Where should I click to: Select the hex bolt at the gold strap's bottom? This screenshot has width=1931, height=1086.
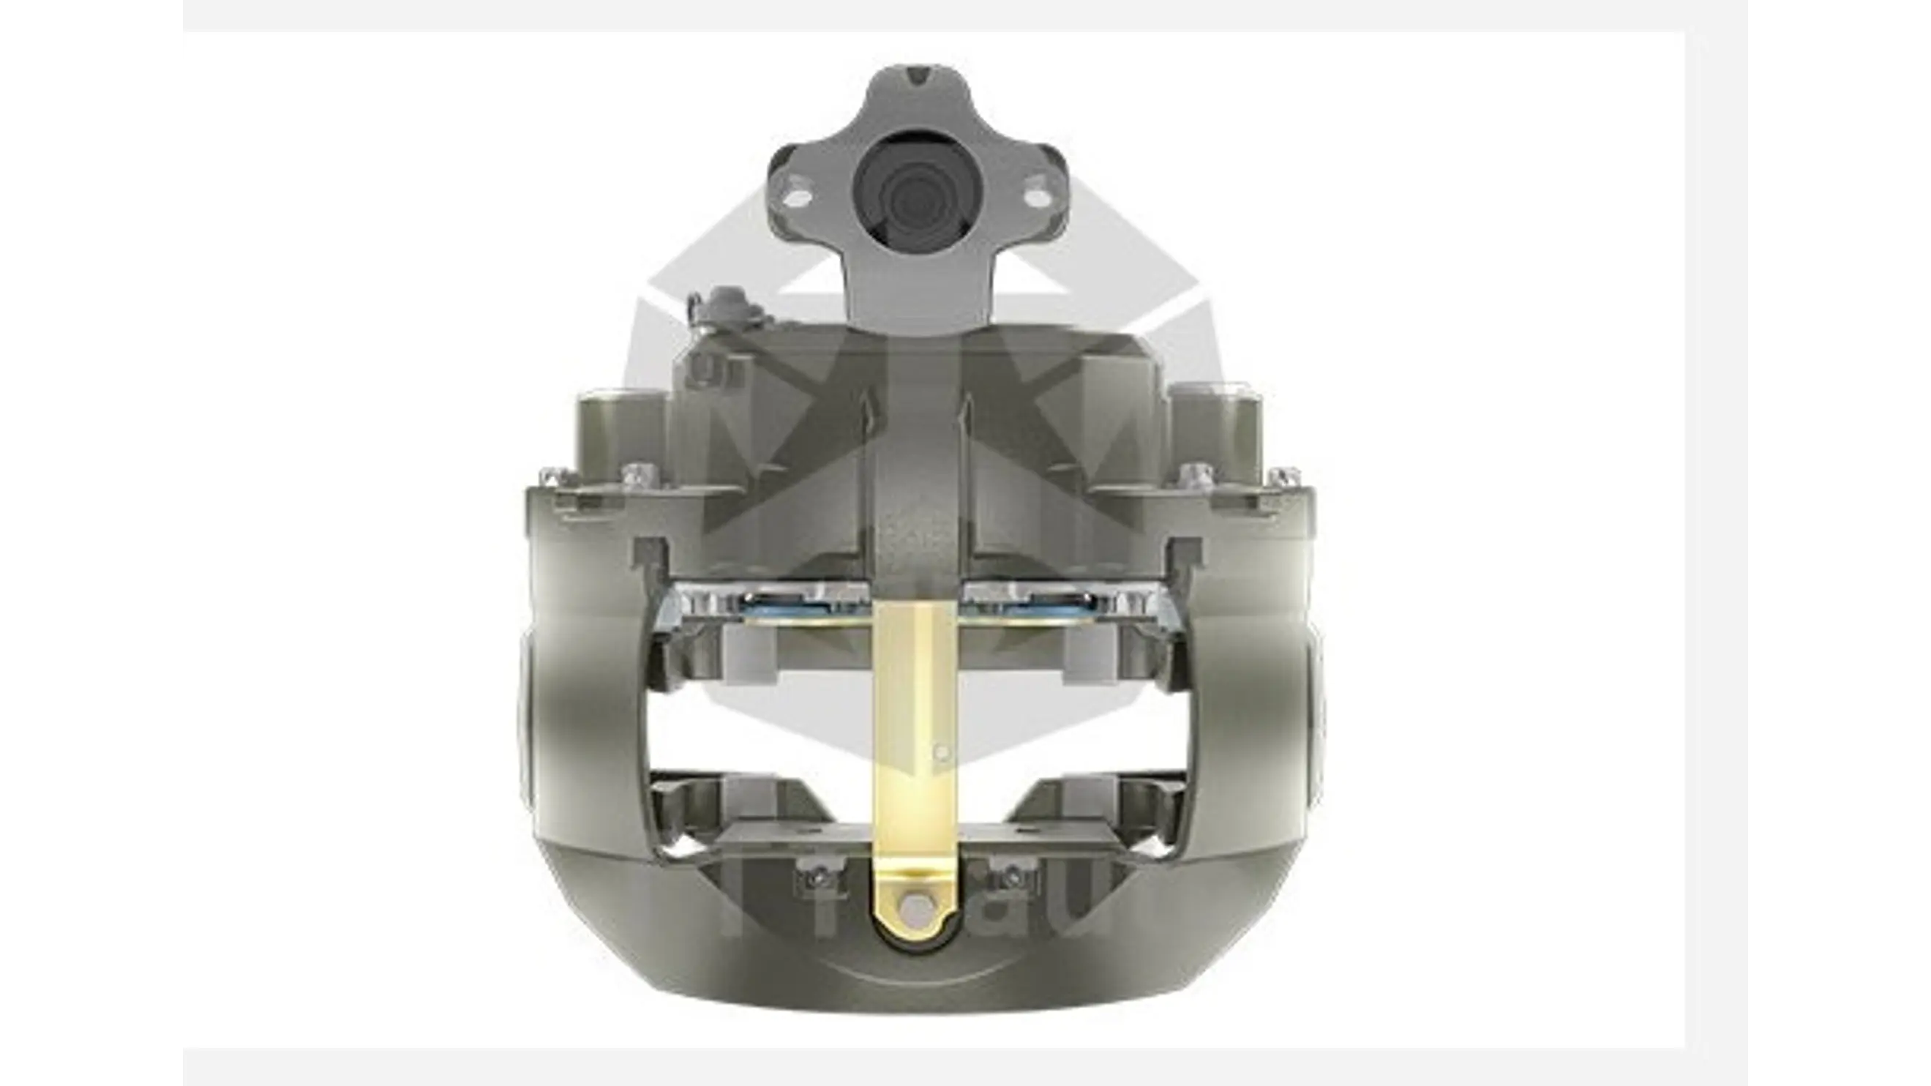(915, 908)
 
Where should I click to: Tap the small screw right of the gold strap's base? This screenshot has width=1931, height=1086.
(1011, 876)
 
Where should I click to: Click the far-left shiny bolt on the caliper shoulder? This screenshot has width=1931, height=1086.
(553, 476)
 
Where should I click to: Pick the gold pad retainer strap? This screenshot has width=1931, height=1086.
(915, 719)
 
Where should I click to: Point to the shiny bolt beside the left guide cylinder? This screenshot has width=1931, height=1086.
(639, 473)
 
